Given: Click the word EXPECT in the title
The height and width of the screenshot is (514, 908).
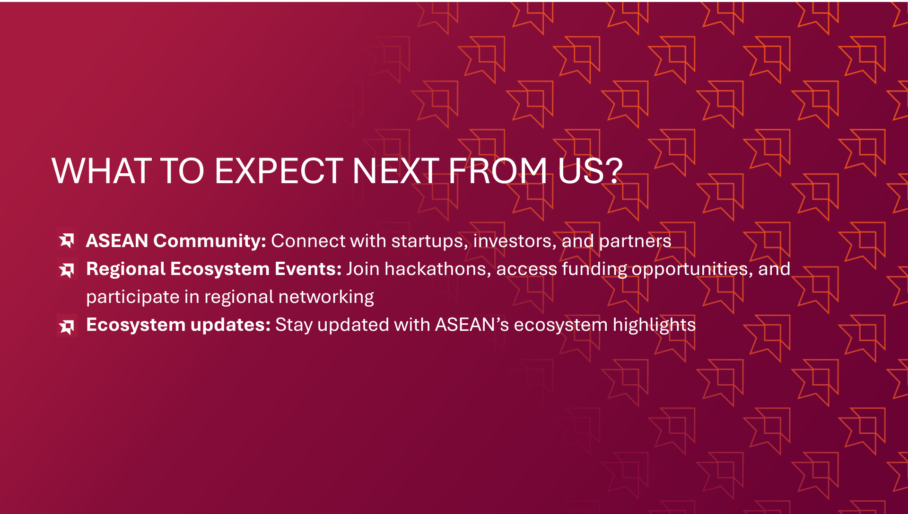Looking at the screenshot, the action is point(279,171).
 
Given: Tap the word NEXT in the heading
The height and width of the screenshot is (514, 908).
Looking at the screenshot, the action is point(396,171).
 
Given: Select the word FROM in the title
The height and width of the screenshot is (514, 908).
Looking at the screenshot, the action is point(498,171).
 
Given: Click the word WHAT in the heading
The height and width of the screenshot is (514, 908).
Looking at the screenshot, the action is point(102,171).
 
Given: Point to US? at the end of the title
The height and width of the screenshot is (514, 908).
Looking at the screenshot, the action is point(590,171).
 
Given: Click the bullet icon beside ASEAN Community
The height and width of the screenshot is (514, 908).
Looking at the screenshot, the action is point(67,240).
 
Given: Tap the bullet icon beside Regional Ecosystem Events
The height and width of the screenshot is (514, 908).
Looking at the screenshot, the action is point(67,269).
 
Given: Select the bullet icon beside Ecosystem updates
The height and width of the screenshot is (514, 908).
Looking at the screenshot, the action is point(67,325).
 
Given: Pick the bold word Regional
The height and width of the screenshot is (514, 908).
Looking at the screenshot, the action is point(126,269).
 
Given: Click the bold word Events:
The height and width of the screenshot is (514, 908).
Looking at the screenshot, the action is point(308,269).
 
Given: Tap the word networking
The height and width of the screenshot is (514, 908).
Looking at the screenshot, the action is point(326,297).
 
